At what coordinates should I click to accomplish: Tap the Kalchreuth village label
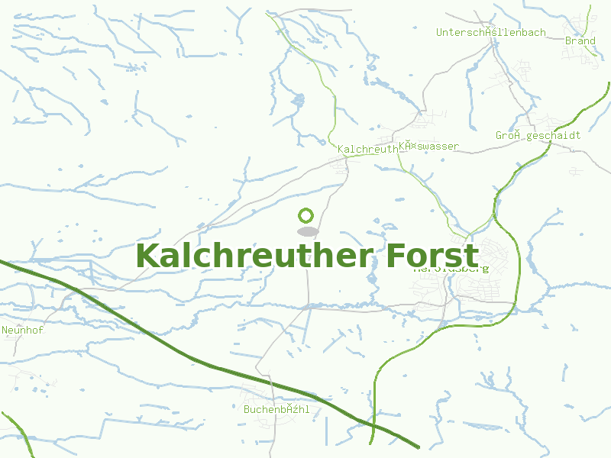coord(367,150)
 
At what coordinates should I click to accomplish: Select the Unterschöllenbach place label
coord(490,33)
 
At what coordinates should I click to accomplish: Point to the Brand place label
coord(580,41)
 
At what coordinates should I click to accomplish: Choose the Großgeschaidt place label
coord(538,136)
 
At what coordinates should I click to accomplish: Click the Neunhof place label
coord(19,331)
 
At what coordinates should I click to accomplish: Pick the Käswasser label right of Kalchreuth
coord(428,147)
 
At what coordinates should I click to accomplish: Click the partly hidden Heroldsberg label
coord(451,269)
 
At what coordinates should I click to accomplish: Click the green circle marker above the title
coord(306,215)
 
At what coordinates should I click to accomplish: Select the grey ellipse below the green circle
coord(307,231)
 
